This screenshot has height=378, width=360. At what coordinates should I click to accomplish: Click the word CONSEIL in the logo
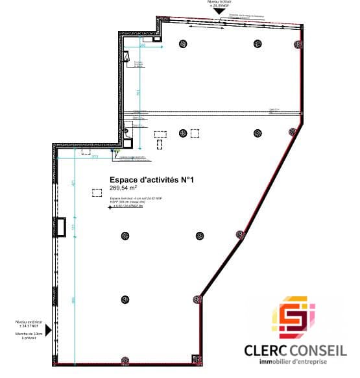pyautogui.click(x=320, y=351)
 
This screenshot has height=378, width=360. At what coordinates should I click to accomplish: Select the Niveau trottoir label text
pyautogui.click(x=221, y=2)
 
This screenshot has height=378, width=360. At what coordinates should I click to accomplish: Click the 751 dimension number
pyautogui.click(x=138, y=94)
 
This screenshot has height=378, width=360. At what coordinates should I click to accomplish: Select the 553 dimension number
pyautogui.click(x=94, y=157)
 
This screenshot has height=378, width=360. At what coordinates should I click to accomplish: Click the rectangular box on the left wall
pyautogui.click(x=61, y=227)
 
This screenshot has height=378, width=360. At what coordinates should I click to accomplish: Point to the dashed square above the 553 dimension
pyautogui.click(x=86, y=151)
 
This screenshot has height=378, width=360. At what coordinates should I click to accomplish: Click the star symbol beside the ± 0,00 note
pyautogui.click(x=109, y=208)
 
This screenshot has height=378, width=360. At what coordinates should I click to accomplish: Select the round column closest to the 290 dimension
pyautogui.click(x=183, y=44)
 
